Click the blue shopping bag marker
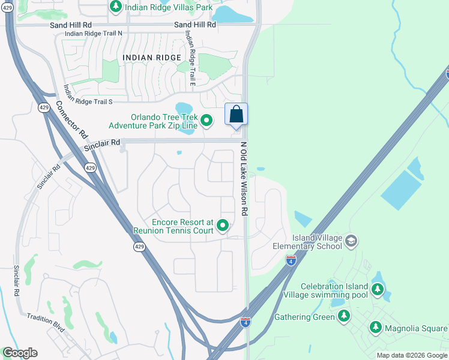tap(237, 114)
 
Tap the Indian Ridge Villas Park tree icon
tap(115, 7)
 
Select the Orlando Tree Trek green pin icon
tap(206, 121)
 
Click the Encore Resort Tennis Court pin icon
tap(223, 226)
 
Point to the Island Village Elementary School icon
tap(351, 242)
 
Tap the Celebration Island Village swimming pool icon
tap(377, 290)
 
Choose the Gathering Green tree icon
tap(343, 317)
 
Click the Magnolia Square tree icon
tap(375, 328)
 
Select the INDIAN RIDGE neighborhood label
tap(151, 57)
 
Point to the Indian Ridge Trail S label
tap(88, 102)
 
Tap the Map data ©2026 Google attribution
tap(412, 355)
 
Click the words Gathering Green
tap(304, 317)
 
